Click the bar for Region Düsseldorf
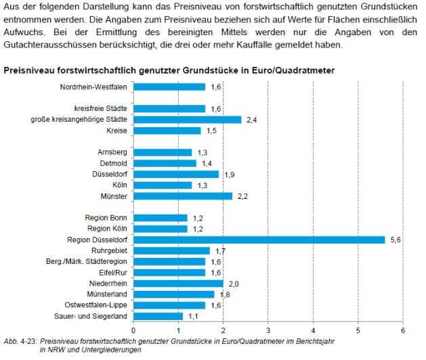pos(259,240)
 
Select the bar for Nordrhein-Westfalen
pos(169,87)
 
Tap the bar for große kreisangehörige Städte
pos(187,119)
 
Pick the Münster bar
pos(183,196)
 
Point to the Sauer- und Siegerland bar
pos(158,316)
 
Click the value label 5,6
pos(396,240)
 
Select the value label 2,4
pos(252,119)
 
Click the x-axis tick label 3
pos(268,330)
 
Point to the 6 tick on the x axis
pos(403,330)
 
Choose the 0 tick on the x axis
pos(133,330)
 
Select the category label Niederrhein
pos(109,283)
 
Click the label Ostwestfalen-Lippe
pos(99,305)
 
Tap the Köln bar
pos(163,185)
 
